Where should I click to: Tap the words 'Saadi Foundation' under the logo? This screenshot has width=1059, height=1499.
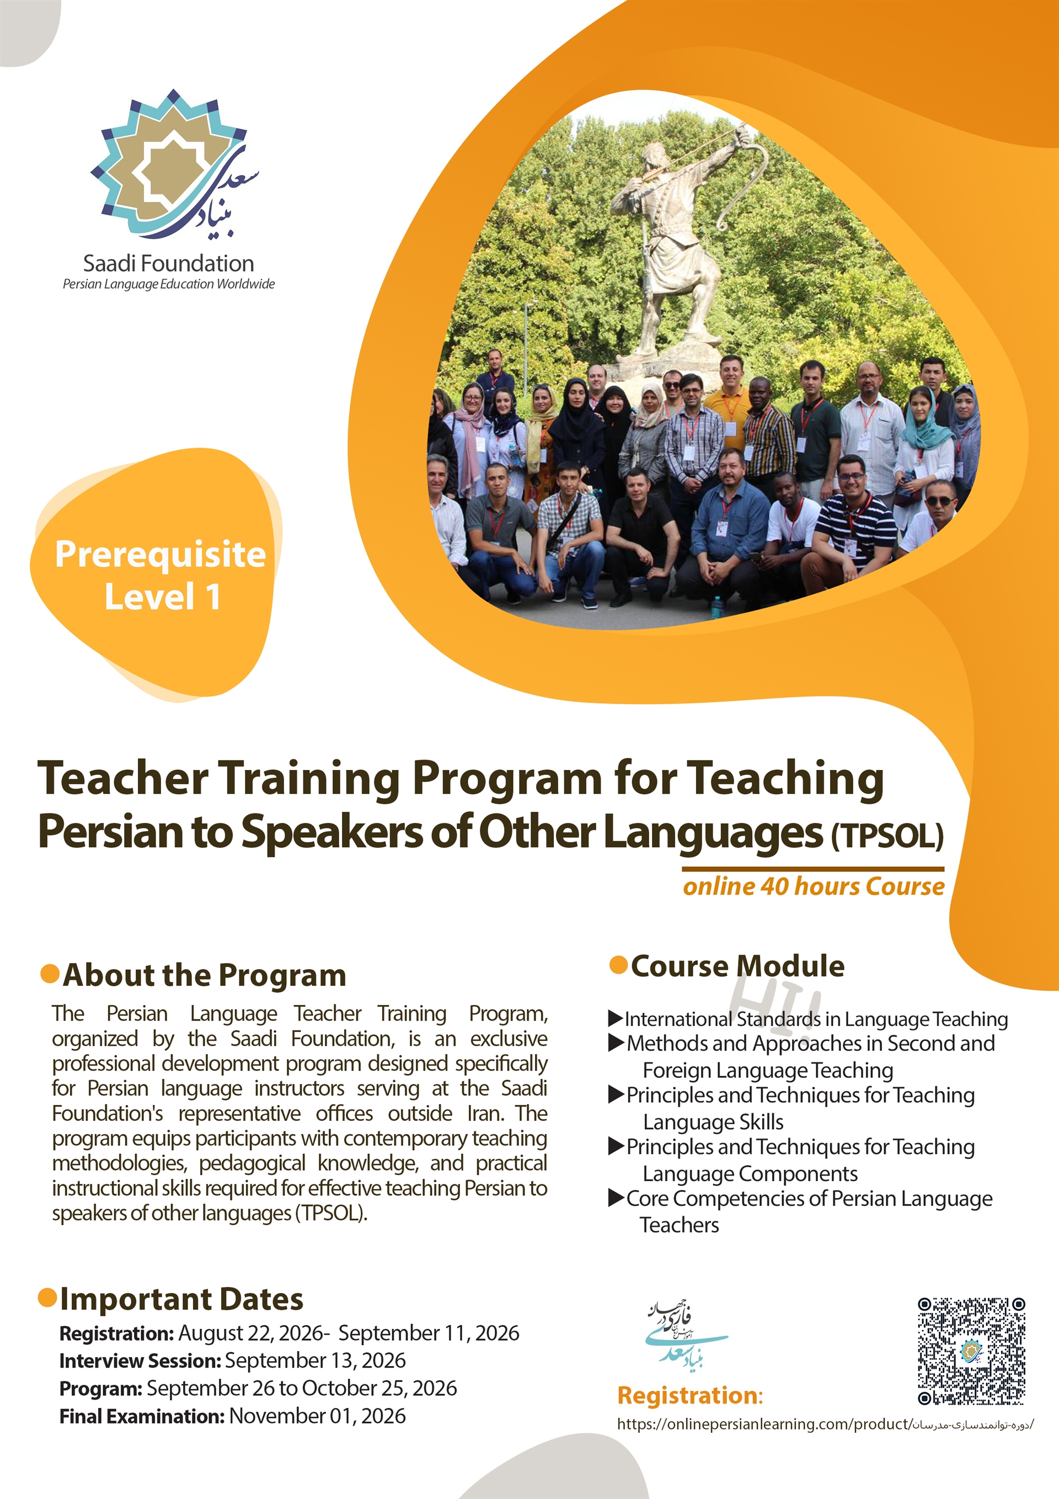(x=168, y=264)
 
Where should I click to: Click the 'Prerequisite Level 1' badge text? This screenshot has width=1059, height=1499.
(x=160, y=575)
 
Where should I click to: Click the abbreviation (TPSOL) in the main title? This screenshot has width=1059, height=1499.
(x=887, y=835)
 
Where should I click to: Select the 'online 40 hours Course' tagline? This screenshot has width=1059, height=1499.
(x=814, y=886)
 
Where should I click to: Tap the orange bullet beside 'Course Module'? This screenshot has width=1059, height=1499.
(x=618, y=964)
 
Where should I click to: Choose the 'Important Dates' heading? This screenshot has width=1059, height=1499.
(x=181, y=1299)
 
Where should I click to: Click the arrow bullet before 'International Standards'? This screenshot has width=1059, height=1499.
(x=616, y=1018)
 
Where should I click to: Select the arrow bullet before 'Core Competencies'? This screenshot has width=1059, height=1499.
(x=616, y=1198)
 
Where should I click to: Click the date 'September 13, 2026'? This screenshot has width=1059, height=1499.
(x=315, y=1360)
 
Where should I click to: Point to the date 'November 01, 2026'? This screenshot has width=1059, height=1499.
(x=317, y=1416)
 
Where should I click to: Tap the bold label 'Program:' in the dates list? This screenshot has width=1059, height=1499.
(x=100, y=1389)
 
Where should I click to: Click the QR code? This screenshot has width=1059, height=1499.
(x=971, y=1352)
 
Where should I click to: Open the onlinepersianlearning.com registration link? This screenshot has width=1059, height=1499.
(x=825, y=1424)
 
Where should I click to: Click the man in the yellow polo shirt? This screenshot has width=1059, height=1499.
(x=728, y=405)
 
